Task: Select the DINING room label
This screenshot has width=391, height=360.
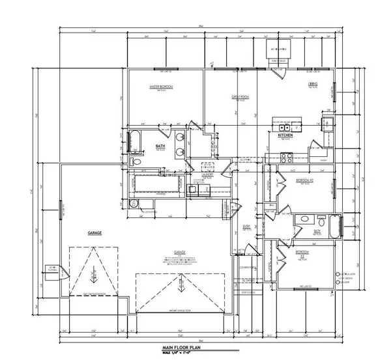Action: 313,84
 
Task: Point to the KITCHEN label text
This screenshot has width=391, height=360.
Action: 284,135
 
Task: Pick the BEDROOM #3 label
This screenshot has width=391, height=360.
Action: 302,252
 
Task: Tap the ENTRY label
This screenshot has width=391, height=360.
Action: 248,226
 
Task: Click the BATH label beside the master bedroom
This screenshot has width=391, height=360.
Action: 159,146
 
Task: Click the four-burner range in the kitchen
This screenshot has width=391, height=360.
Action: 286,156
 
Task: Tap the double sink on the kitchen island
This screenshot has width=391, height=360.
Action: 287,120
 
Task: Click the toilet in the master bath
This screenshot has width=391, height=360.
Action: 135,161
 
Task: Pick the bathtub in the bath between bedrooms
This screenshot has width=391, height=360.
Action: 335,227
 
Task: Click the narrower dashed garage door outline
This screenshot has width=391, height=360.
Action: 93,273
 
